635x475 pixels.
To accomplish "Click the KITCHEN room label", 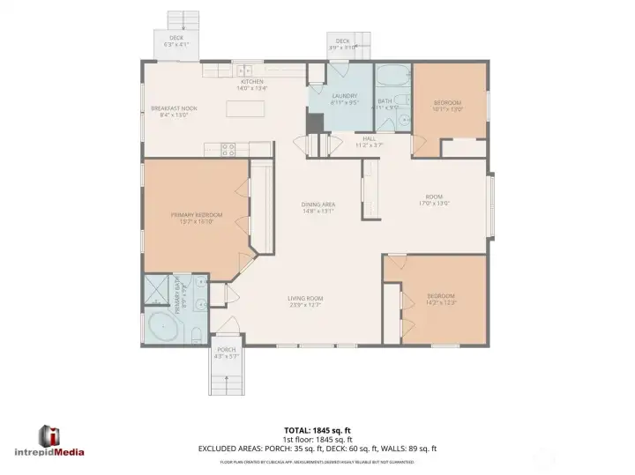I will [x=251, y=82].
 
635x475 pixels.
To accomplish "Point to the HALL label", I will [x=369, y=138].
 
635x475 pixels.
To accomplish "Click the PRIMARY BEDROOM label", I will [x=197, y=215].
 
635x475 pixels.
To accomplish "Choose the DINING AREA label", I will [x=318, y=204].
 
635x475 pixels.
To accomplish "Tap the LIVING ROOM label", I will [x=305, y=299].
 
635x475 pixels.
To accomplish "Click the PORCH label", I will [x=227, y=350].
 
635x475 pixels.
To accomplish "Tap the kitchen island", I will [x=247, y=109].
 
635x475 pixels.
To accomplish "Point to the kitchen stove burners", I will [x=228, y=150].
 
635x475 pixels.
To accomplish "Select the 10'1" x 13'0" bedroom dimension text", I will [x=448, y=110].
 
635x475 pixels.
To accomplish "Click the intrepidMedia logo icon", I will [x=49, y=435].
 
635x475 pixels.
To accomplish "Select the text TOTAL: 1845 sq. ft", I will [x=317, y=431].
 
